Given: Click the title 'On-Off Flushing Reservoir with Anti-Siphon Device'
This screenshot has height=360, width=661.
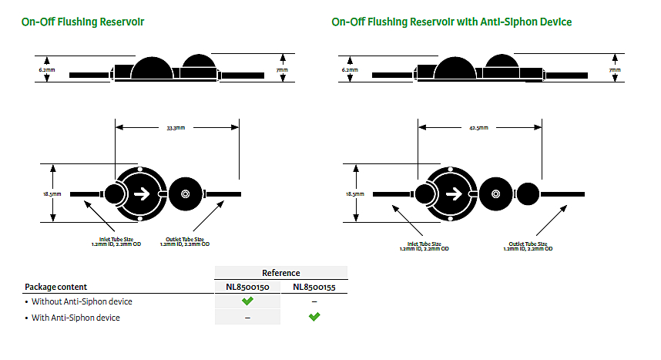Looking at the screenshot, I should click(x=451, y=22).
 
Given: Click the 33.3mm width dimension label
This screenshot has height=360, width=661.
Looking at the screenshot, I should click(x=176, y=128).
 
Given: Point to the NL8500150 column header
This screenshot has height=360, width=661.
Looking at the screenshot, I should click(x=247, y=287).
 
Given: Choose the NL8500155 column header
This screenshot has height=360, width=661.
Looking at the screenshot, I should click(x=314, y=287).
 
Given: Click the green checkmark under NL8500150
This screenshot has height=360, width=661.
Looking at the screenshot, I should click(x=247, y=301).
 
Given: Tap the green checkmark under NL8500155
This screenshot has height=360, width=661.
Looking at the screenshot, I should click(x=314, y=317).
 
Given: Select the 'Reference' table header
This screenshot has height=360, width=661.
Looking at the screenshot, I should click(x=280, y=273).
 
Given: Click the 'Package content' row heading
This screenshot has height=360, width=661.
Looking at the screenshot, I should click(x=55, y=287).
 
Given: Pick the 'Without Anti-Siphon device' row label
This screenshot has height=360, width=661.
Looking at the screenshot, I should click(x=82, y=301).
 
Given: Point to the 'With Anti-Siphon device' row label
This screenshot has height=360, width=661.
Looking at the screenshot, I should click(x=75, y=317).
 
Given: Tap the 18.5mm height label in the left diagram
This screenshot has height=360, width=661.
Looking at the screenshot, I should click(x=48, y=194).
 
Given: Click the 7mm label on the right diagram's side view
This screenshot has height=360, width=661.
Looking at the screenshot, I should click(x=615, y=70).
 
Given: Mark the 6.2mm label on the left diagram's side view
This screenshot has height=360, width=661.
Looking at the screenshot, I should click(x=48, y=69).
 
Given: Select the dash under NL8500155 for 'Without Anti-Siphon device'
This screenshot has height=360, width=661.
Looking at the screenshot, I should click(x=314, y=301).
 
